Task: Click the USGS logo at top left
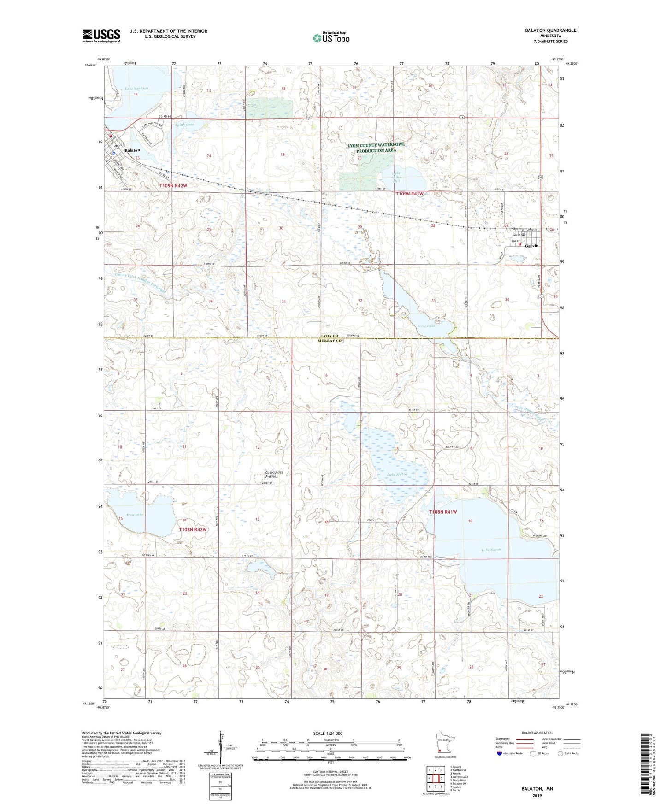(101, 36)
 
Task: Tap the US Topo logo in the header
(331, 38)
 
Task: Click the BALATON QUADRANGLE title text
(550, 30)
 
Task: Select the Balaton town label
(132, 150)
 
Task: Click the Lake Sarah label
(491, 550)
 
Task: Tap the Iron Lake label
(135, 515)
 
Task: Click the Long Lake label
(426, 326)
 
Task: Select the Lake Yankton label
(136, 88)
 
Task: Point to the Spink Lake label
(185, 124)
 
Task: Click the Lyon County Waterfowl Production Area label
(376, 148)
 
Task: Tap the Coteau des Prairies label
(274, 474)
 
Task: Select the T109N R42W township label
(173, 186)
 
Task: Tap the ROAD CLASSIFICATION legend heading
(537, 733)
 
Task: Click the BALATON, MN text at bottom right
(537, 789)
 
